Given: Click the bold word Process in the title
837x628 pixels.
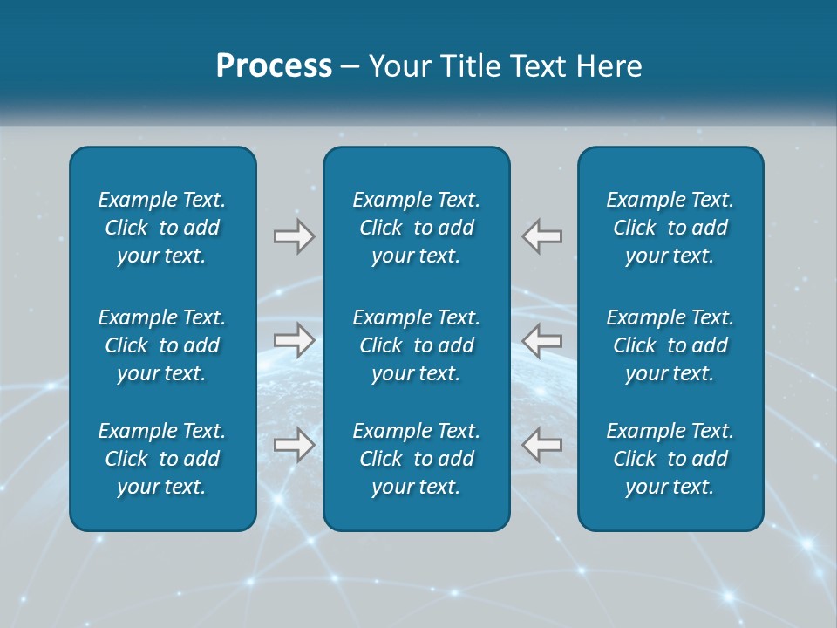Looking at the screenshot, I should tap(274, 66).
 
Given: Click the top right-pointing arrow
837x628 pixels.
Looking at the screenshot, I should tap(294, 236).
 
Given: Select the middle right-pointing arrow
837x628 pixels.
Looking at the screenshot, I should tap(294, 340).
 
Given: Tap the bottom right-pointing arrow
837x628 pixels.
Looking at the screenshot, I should tap(294, 445).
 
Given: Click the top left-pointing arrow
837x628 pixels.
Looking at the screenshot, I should tap(542, 236).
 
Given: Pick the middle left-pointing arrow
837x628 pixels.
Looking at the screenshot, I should tap(542, 340).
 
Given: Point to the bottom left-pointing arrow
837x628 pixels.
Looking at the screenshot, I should tap(542, 445).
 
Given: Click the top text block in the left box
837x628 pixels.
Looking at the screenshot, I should tap(162, 228).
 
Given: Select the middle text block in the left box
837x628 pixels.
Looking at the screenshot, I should tap(162, 345).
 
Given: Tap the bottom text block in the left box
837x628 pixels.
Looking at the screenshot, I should tap(162, 459).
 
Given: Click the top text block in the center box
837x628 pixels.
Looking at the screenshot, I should tap(416, 228).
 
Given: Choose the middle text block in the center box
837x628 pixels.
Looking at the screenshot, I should tap(416, 345).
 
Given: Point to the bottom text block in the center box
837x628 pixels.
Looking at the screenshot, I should tap(416, 459).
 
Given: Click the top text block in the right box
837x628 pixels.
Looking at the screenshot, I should tap(670, 228).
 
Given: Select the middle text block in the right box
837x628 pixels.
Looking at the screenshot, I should tap(670, 345).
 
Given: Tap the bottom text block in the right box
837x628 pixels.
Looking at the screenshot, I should tap(670, 459).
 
